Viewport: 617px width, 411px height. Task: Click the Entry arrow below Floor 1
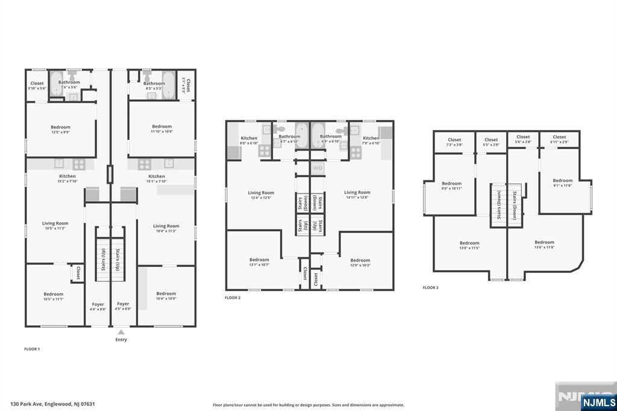[121, 332]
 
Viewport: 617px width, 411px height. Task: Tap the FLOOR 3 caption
[430, 288]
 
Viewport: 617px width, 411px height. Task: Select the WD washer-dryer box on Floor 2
[318, 168]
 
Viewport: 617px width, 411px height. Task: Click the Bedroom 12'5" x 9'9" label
[60, 129]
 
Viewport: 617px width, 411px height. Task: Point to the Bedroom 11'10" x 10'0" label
[161, 128]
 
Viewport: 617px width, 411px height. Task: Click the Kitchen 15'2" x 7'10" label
[67, 178]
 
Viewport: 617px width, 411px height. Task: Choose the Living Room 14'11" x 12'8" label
[357, 195]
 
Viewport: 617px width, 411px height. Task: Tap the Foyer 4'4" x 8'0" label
[98, 306]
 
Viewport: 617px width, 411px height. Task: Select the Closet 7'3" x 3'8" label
[454, 142]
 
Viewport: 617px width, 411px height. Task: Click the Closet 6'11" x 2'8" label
[559, 139]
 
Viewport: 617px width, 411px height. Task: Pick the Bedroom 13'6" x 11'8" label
[544, 244]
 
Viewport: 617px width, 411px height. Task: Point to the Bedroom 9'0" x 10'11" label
[451, 186]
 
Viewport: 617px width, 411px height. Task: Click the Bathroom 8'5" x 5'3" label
[154, 86]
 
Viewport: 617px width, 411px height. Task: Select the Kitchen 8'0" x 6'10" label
[249, 140]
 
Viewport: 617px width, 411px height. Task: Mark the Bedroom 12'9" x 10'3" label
[360, 263]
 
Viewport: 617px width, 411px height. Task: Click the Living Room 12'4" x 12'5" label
[261, 195]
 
